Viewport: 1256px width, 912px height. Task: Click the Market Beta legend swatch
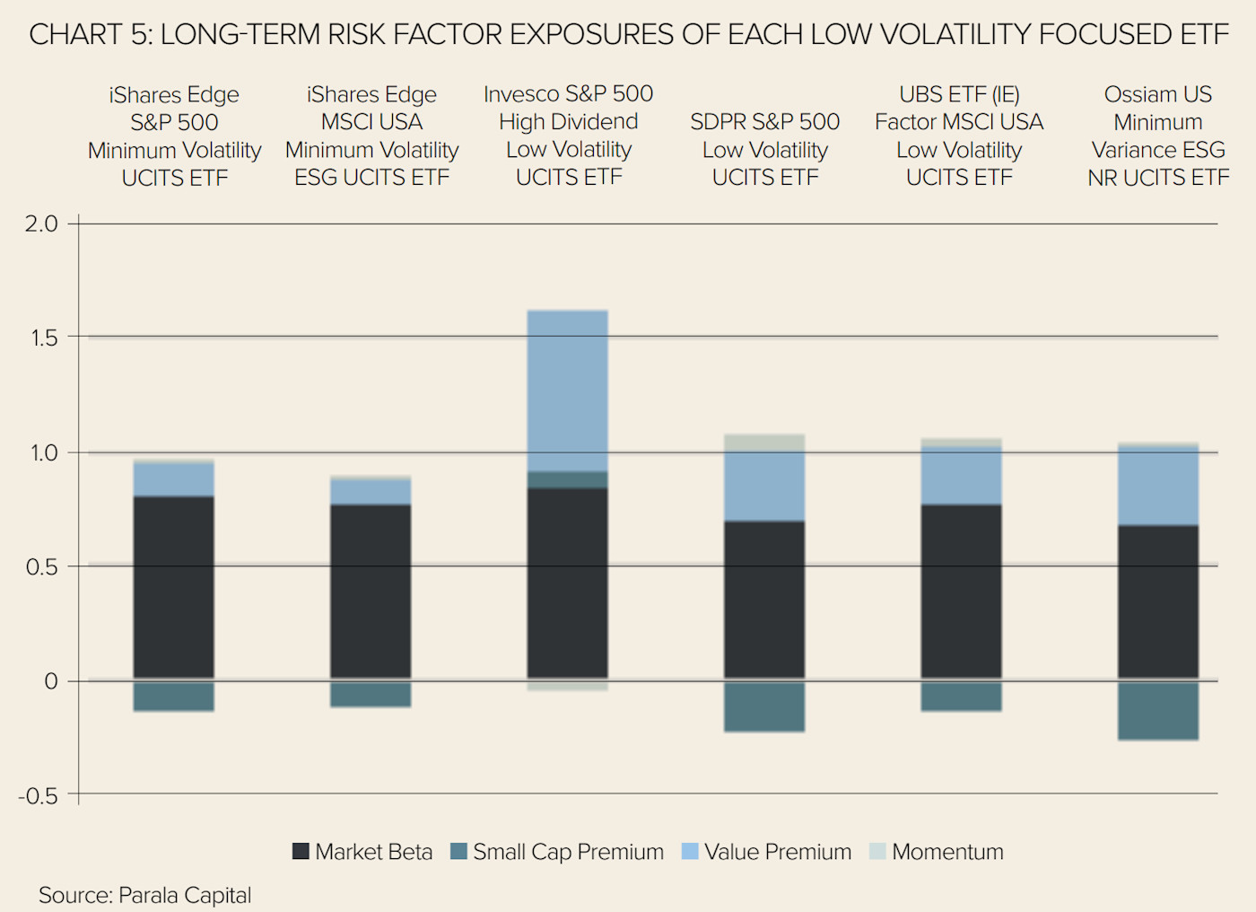tap(301, 851)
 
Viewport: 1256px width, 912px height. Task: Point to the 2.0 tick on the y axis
tap(40, 224)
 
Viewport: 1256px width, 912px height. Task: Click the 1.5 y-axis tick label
tap(40, 338)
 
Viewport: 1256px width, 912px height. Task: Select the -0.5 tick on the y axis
tap(38, 795)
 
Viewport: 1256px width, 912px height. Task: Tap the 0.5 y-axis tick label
tap(40, 566)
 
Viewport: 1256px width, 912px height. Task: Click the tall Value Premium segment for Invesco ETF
tap(567, 390)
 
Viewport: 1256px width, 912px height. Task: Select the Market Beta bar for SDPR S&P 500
tap(764, 600)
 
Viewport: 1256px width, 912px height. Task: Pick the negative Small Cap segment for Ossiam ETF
tap(1157, 710)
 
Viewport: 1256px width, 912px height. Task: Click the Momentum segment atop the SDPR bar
tap(764, 443)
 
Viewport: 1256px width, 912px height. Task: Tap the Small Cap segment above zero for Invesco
tap(567, 479)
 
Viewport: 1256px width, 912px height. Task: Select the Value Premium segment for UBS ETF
tap(961, 476)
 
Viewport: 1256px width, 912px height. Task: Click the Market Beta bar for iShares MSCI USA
tap(371, 592)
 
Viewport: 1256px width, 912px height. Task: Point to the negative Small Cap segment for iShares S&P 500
tap(173, 697)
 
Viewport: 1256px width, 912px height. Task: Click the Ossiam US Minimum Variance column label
tap(1157, 136)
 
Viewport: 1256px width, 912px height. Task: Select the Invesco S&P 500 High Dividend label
tap(568, 135)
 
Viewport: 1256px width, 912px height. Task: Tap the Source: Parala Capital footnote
tap(144, 895)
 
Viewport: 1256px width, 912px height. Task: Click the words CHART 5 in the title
tap(88, 34)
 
